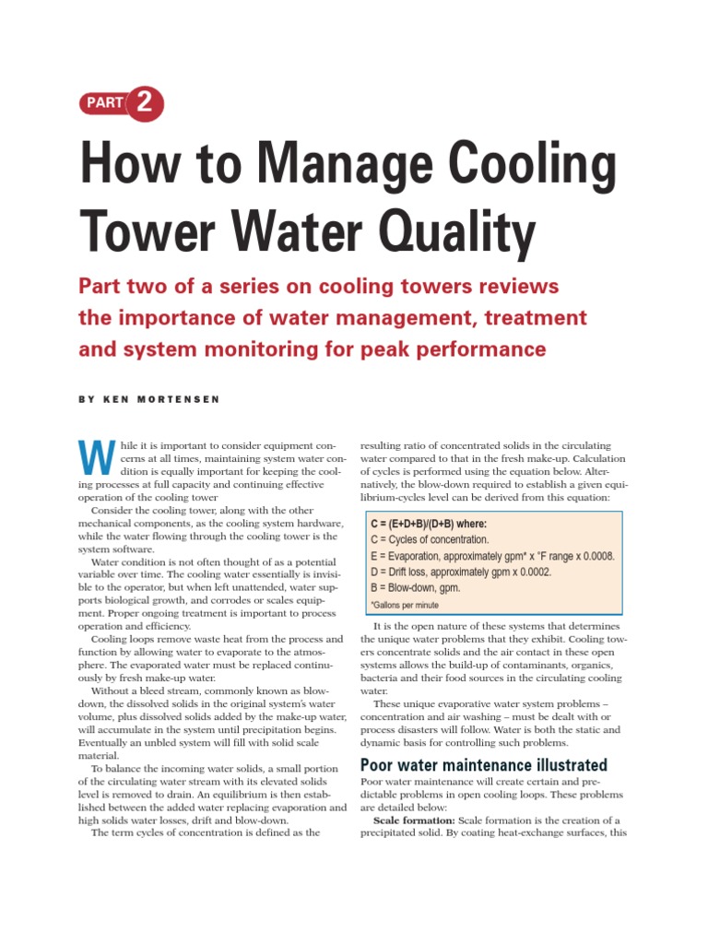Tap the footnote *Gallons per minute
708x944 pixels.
click(405, 606)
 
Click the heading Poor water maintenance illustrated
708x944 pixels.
click(483, 765)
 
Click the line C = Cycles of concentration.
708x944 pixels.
click(430, 540)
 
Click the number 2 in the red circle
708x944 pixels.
click(145, 102)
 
